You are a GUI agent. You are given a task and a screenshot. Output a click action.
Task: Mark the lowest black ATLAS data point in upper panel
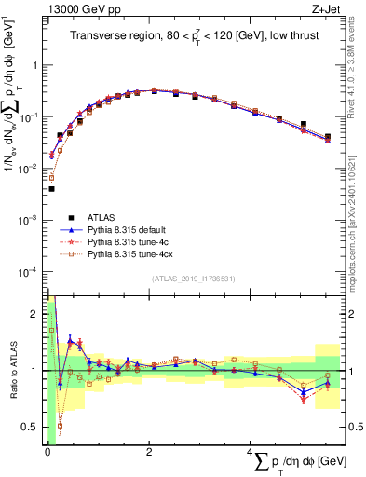pos(51,188)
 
